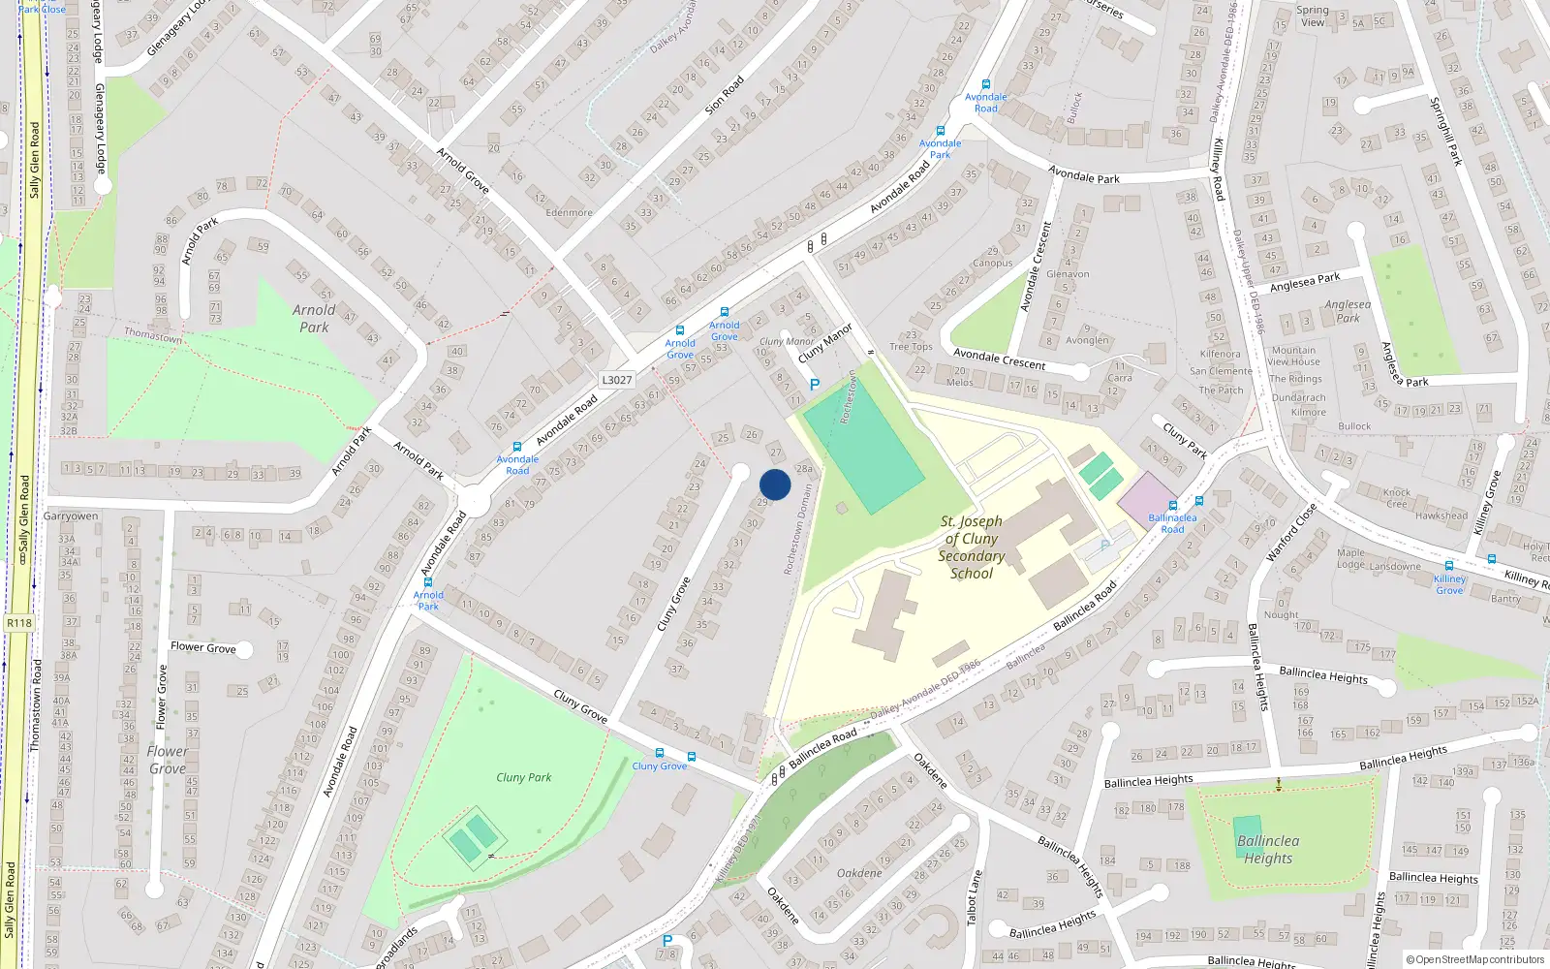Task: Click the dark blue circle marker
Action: click(775, 484)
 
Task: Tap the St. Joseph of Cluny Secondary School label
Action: click(971, 547)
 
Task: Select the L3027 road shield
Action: click(616, 380)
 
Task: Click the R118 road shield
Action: click(18, 623)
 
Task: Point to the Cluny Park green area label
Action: click(523, 777)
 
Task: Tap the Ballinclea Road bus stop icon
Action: click(1173, 506)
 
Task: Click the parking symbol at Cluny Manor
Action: click(814, 385)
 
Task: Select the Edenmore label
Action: click(569, 212)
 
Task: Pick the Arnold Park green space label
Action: click(314, 318)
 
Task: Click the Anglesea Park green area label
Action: click(1348, 311)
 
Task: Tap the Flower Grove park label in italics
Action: click(168, 760)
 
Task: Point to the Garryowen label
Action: click(71, 516)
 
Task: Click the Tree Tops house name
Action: click(911, 346)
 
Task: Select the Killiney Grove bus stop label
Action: click(1449, 584)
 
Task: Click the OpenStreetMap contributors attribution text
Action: click(1475, 959)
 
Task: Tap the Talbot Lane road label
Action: click(975, 897)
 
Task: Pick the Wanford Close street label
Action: click(1290, 531)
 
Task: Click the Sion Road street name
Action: click(724, 96)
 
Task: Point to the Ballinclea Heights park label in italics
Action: click(1268, 849)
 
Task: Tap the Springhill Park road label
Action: click(1445, 131)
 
